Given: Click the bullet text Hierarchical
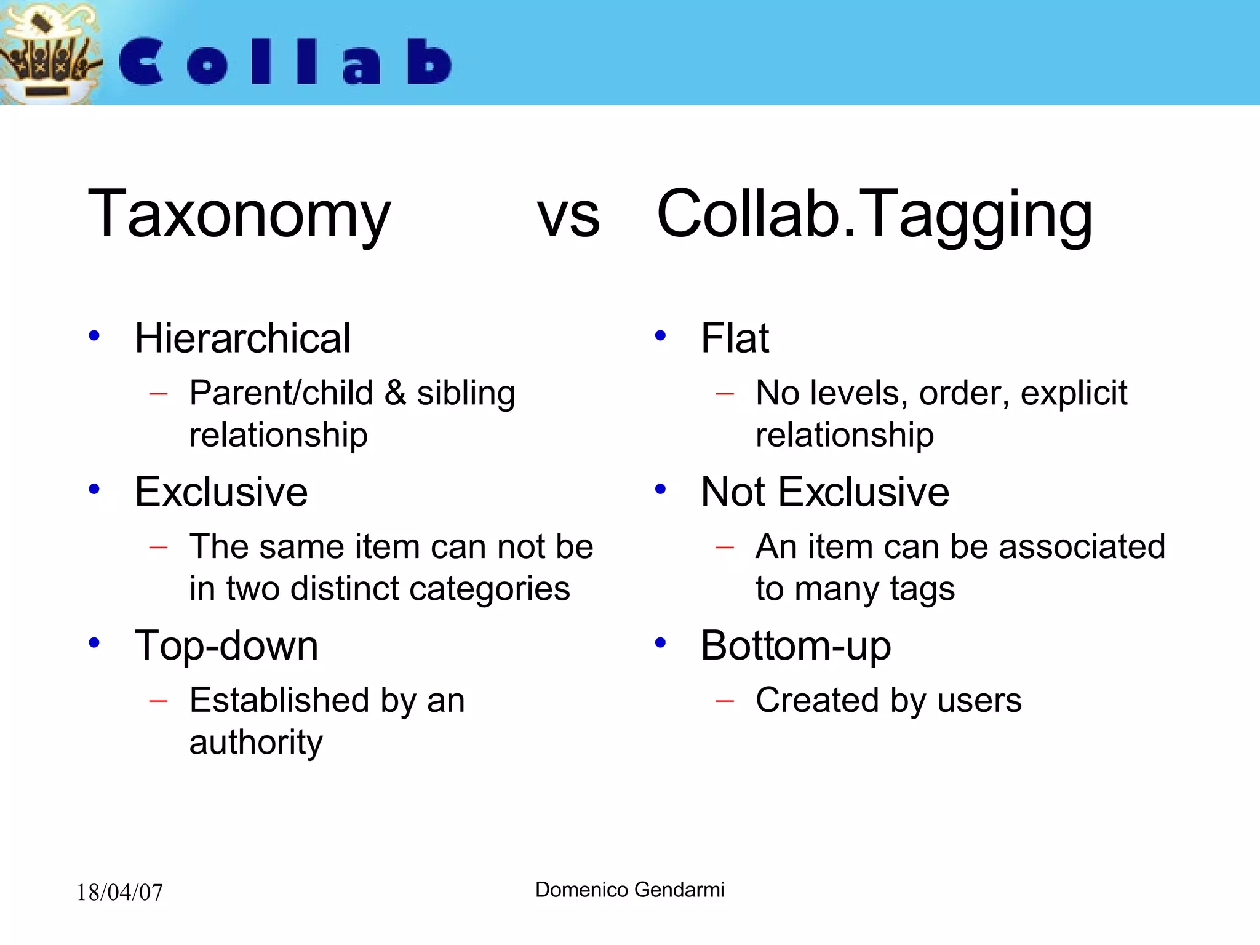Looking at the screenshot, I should [x=242, y=338].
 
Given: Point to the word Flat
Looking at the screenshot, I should [x=735, y=338].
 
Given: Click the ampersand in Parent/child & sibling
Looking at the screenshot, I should [x=395, y=394].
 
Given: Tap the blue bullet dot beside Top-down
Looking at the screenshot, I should [x=94, y=643].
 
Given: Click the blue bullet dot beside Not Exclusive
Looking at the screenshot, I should [x=661, y=489].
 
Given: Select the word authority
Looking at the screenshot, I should [x=256, y=743].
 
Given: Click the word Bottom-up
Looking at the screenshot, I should [x=795, y=646].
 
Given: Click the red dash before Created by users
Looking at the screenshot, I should [x=725, y=701].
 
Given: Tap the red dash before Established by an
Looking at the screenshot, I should [x=158, y=701].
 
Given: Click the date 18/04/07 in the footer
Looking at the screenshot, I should [x=119, y=893].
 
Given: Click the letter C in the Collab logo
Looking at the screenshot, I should [x=142, y=62].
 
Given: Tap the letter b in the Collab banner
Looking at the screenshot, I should [x=429, y=62].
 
